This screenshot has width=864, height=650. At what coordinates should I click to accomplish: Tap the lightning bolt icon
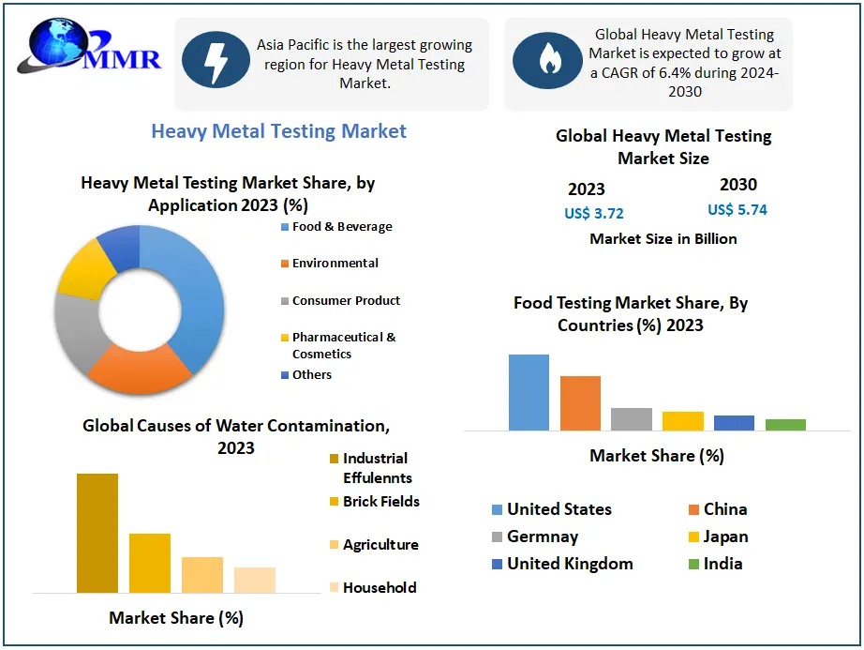[216, 60]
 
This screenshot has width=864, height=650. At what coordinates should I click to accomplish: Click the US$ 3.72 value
[593, 213]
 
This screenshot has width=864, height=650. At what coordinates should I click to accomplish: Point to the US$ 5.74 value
[737, 210]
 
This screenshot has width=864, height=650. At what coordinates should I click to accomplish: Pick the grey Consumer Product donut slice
[75, 328]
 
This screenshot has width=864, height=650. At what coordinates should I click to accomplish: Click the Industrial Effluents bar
[97, 533]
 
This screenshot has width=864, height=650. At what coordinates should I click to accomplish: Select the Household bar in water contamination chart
[255, 580]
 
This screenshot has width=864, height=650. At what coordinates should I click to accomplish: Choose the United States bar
[529, 392]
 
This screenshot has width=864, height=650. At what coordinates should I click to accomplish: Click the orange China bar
[580, 402]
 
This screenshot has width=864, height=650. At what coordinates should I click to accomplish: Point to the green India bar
[785, 424]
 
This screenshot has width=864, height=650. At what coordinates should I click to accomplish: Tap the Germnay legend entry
[542, 537]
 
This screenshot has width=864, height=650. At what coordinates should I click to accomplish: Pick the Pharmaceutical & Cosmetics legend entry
[342, 345]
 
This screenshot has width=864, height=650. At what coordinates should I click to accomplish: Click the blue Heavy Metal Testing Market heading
[279, 131]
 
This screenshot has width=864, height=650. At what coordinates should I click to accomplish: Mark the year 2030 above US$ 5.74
[738, 185]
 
